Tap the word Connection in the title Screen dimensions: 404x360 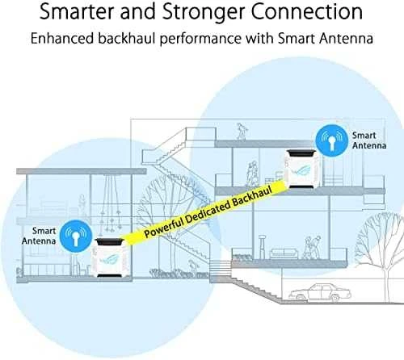point(306,11)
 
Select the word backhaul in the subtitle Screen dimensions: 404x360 point(127,38)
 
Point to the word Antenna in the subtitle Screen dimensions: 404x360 point(346,38)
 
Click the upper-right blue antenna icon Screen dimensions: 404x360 point(332,140)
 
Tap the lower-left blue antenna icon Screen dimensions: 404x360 point(76,237)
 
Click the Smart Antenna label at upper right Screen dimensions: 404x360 point(369,140)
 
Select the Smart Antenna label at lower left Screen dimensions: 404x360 point(39,236)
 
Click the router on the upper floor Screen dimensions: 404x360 point(302,170)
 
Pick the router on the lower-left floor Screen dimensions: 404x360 point(112,257)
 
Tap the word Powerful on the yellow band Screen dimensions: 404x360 point(164,226)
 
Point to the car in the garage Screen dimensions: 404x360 point(320,291)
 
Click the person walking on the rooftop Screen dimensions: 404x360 point(242,131)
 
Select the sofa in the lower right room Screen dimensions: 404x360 point(284,253)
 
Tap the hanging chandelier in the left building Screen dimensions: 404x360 point(111,203)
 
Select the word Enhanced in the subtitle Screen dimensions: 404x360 point(62,38)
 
